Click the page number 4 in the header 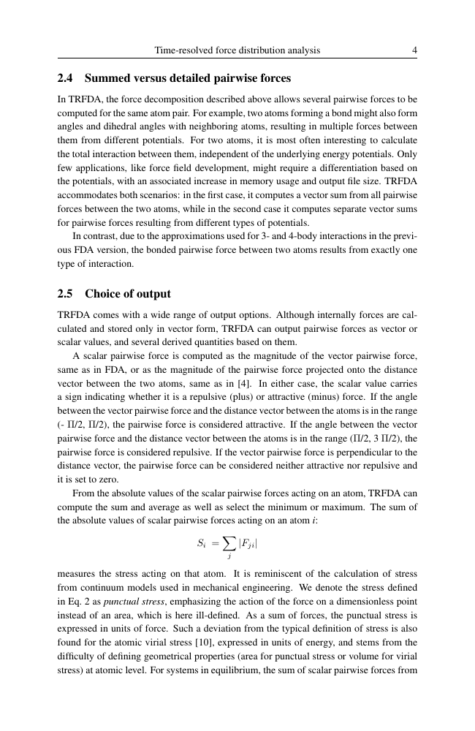(x=414, y=50)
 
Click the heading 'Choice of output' (x=128, y=294)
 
